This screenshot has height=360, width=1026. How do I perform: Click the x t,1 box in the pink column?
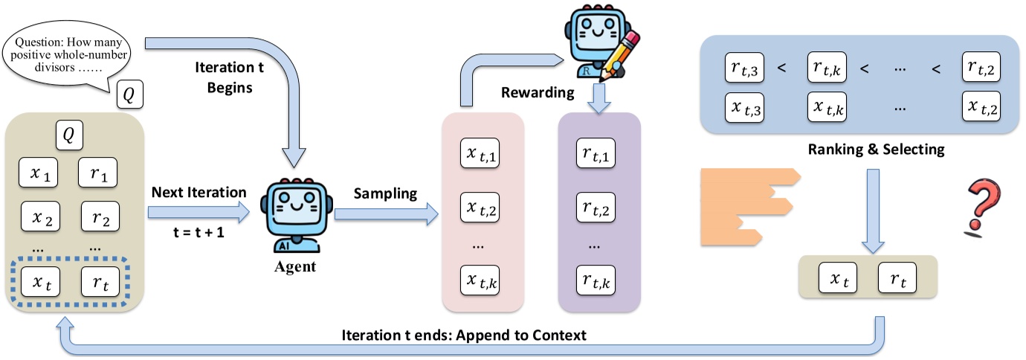(x=483, y=155)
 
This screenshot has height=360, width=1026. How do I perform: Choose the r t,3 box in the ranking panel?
(x=746, y=68)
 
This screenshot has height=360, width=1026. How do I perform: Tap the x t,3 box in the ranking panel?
(x=746, y=108)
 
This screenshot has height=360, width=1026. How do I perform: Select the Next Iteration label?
(x=199, y=192)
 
